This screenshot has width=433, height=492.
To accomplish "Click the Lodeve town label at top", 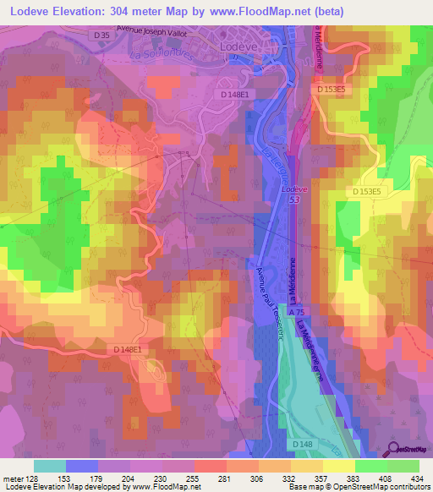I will point(238,48).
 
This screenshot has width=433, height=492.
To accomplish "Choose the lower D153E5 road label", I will point(368,193).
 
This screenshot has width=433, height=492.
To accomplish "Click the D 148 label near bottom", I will point(302,444).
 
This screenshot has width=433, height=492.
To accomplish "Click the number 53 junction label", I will point(292,199).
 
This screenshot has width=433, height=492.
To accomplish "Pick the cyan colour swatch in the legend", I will point(50,465).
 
